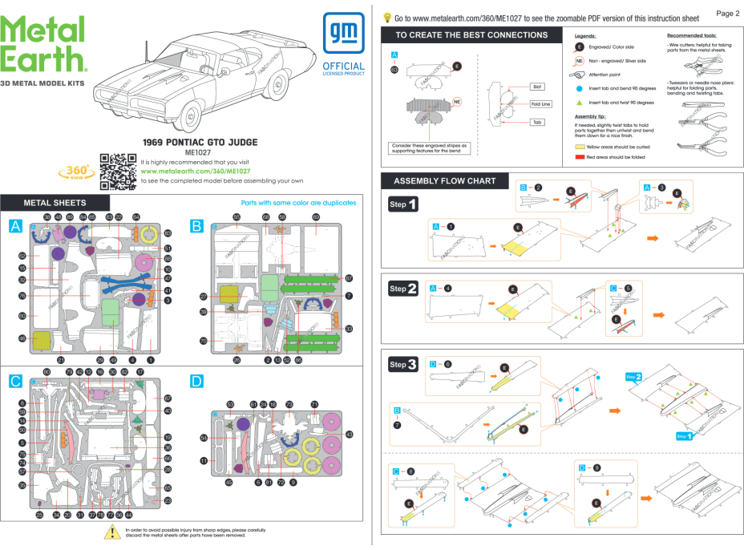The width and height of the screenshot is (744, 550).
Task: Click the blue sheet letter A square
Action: pos(16,226)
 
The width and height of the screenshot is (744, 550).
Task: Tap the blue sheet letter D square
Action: pos(197,382)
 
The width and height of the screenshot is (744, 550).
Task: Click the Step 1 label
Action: pos(402,204)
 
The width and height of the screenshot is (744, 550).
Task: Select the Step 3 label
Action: pos(402,365)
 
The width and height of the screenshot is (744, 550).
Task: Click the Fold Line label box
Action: pos(540,104)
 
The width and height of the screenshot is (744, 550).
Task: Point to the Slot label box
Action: pos(540,86)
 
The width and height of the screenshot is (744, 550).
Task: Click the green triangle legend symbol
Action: pos(579,103)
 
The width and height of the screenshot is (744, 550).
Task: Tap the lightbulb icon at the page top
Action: pos(388,16)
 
